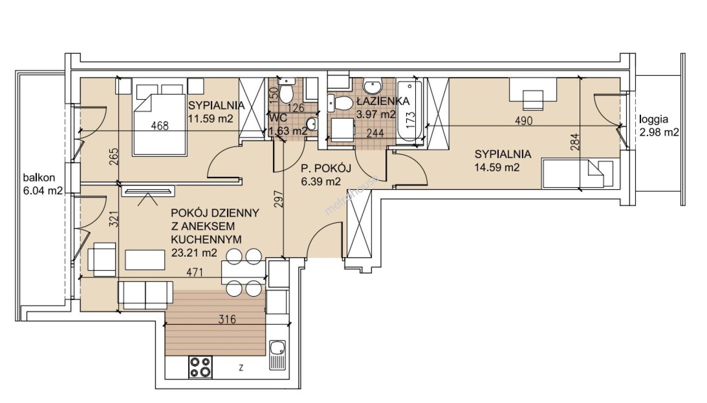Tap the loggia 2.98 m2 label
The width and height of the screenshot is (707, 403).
[x=659, y=126]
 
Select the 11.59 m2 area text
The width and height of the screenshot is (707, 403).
[x=211, y=119]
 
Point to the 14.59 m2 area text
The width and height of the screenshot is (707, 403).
[x=497, y=167]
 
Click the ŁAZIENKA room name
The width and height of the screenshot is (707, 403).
[x=383, y=101]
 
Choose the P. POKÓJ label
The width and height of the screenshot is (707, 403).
[x=326, y=169]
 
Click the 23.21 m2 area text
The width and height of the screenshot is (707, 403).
[x=194, y=253]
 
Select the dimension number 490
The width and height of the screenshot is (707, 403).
[x=524, y=121]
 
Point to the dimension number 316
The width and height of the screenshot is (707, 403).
[x=227, y=319]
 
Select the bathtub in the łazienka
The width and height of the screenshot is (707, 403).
[x=409, y=111]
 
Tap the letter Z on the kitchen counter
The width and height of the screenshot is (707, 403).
[x=241, y=368]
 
